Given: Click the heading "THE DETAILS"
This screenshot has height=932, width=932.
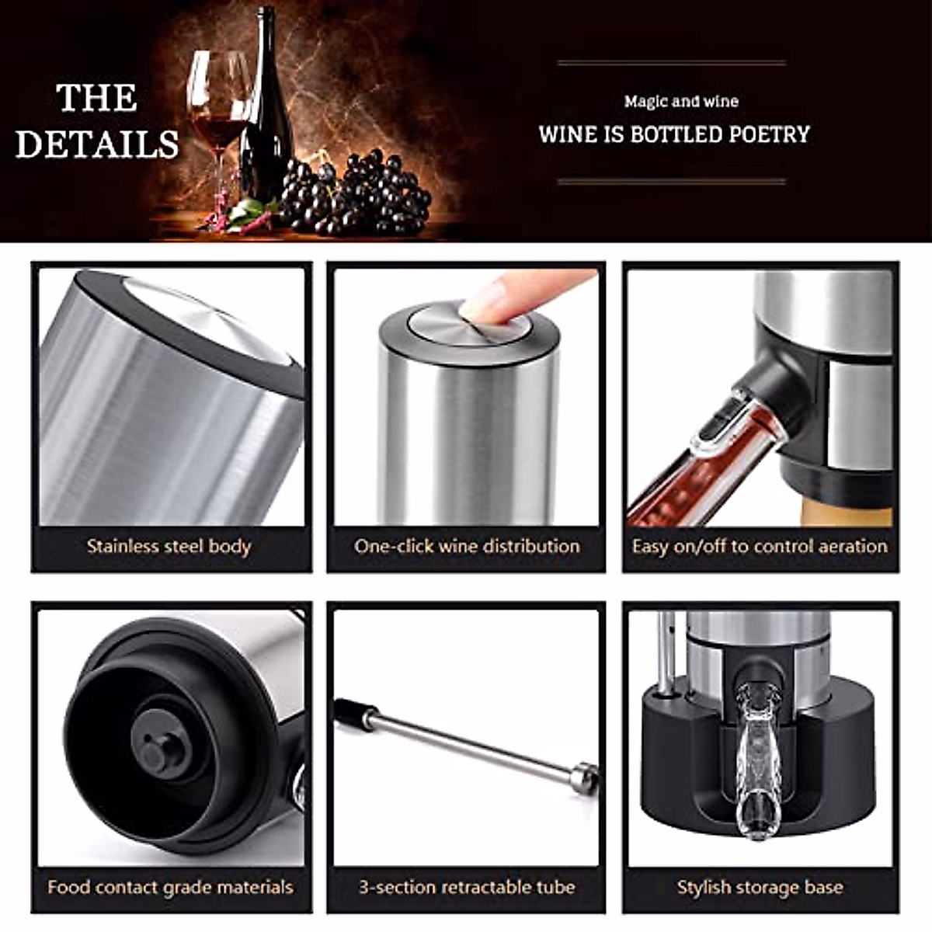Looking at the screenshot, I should point(97,121).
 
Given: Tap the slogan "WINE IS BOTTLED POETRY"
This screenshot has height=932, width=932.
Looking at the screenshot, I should point(674,134).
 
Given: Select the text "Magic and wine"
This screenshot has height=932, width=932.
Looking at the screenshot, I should point(681,101).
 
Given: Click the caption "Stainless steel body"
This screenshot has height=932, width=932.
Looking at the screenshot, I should point(169,546).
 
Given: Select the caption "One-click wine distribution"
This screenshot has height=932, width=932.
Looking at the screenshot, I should point(467,546).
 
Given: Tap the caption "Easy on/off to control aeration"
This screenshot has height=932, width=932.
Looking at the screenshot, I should point(760,546).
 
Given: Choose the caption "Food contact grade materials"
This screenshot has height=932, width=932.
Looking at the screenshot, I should point(170,887).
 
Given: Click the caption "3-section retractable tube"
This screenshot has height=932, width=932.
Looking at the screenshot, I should point(467,887).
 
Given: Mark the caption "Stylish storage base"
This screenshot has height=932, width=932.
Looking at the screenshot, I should point(760,887).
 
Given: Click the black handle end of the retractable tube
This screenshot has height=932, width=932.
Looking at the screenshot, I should point(354,714).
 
